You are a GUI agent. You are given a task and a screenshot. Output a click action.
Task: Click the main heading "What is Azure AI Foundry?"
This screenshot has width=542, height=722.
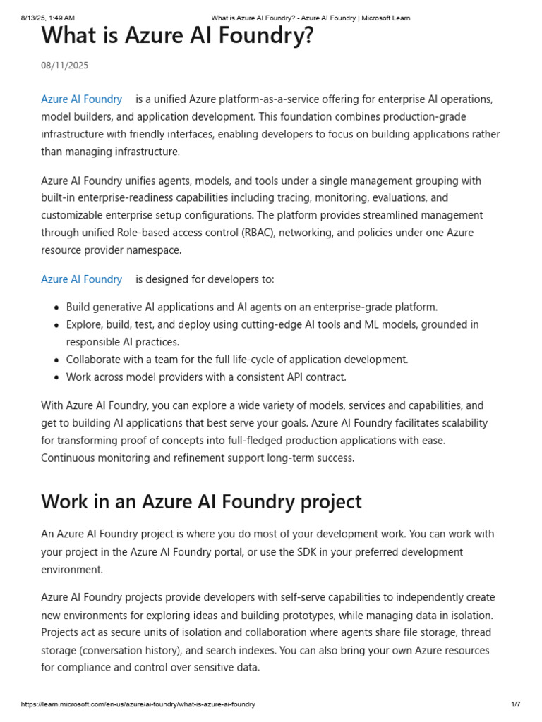177,35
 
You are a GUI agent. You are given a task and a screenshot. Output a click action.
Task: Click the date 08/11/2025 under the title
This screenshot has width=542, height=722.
65,66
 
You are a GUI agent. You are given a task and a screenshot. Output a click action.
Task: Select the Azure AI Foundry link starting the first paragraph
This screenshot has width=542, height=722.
82,99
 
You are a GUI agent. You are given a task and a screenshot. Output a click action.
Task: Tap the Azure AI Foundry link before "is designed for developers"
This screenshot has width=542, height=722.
82,279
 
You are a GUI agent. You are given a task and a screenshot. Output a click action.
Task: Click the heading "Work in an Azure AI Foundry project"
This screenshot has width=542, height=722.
201,501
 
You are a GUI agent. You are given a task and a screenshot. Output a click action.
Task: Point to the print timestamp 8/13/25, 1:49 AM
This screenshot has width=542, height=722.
48,18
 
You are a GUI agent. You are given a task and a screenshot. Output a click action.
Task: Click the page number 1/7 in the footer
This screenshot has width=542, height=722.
515,704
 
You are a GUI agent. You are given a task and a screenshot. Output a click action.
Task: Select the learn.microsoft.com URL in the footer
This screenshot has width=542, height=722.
138,704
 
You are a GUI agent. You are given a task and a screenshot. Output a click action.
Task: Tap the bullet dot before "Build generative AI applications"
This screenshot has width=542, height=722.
56,307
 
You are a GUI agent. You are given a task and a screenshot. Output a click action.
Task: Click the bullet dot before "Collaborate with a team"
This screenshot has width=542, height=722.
56,360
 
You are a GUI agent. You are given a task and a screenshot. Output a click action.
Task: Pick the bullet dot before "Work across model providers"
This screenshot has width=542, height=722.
56,377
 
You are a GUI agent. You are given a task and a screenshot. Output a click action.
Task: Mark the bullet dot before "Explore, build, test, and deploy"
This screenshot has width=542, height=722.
56,325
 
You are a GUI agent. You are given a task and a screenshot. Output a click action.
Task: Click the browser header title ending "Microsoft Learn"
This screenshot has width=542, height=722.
311,18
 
